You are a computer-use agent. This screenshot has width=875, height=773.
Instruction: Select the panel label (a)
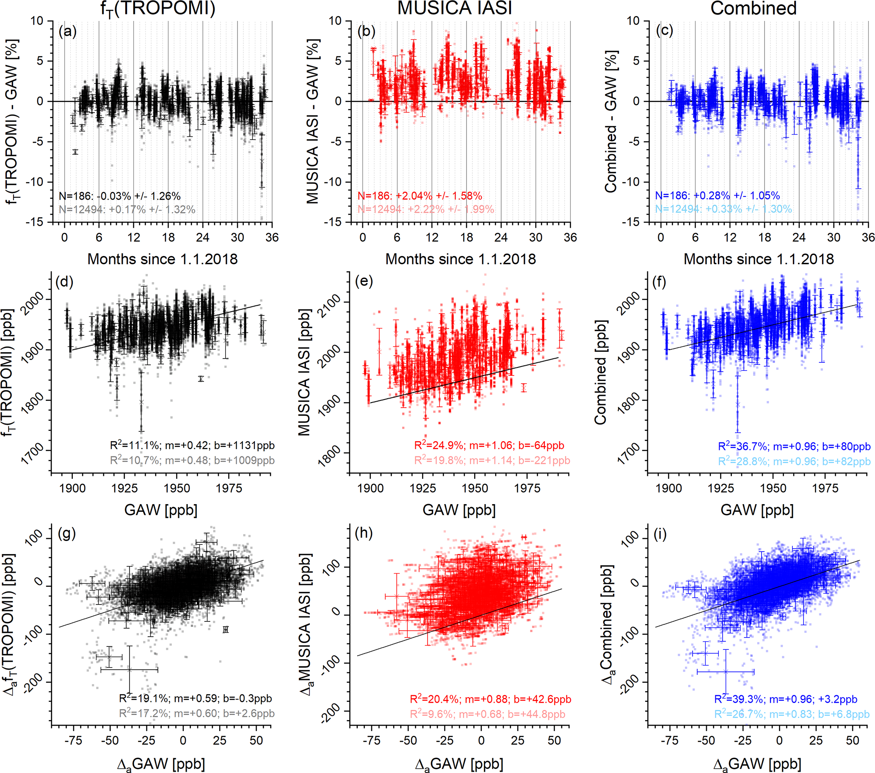click(x=68, y=31)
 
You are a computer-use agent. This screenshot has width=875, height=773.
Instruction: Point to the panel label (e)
click(x=364, y=281)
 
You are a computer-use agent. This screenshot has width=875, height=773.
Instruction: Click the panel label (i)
click(x=660, y=534)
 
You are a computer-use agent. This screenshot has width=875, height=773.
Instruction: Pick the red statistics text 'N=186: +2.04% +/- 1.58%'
click(x=420, y=196)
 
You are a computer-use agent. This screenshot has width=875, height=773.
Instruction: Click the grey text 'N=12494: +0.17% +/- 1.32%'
click(x=127, y=209)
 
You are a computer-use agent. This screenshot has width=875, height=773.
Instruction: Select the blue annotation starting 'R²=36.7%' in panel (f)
click(x=794, y=447)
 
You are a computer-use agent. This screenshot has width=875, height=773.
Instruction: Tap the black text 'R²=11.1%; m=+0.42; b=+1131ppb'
click(x=192, y=446)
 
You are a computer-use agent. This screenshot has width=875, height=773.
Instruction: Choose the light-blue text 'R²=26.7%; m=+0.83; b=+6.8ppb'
click(x=792, y=714)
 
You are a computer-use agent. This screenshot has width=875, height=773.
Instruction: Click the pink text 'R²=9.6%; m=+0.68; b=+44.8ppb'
click(x=487, y=714)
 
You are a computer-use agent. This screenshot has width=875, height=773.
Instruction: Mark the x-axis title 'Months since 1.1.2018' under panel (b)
click(x=460, y=259)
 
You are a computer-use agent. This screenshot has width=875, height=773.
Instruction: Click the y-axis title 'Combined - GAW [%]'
click(x=610, y=122)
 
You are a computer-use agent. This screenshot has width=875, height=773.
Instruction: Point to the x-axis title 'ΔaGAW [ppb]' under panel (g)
click(x=161, y=764)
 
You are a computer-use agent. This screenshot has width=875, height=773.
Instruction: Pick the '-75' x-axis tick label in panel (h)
click(x=371, y=740)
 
